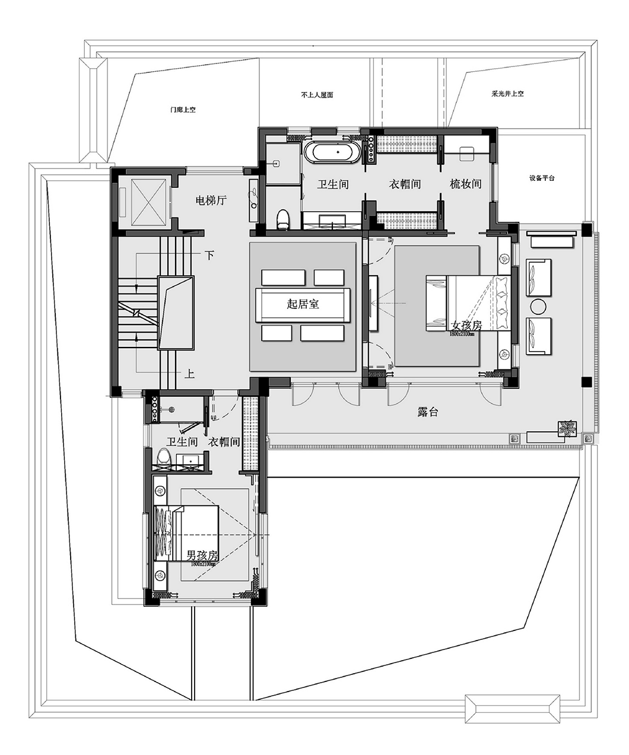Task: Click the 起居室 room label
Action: tap(303, 304)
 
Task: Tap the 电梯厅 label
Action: tap(211, 200)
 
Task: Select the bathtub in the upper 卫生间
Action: tap(333, 152)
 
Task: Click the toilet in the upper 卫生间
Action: tap(283, 218)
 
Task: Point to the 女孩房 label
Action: tap(466, 326)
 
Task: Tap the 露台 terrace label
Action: tap(427, 412)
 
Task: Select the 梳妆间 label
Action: tap(466, 184)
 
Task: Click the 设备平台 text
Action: tap(542, 178)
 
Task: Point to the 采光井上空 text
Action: tap(507, 94)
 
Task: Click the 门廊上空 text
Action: tap(182, 110)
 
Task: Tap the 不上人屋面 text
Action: tap(317, 95)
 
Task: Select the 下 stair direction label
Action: tap(209, 256)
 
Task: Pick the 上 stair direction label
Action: tap(190, 374)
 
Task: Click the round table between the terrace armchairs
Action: tap(539, 307)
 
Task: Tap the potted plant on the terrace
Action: tap(568, 428)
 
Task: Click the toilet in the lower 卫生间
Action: tap(164, 457)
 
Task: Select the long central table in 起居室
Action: tap(303, 304)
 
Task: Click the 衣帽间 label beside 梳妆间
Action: tap(405, 184)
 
